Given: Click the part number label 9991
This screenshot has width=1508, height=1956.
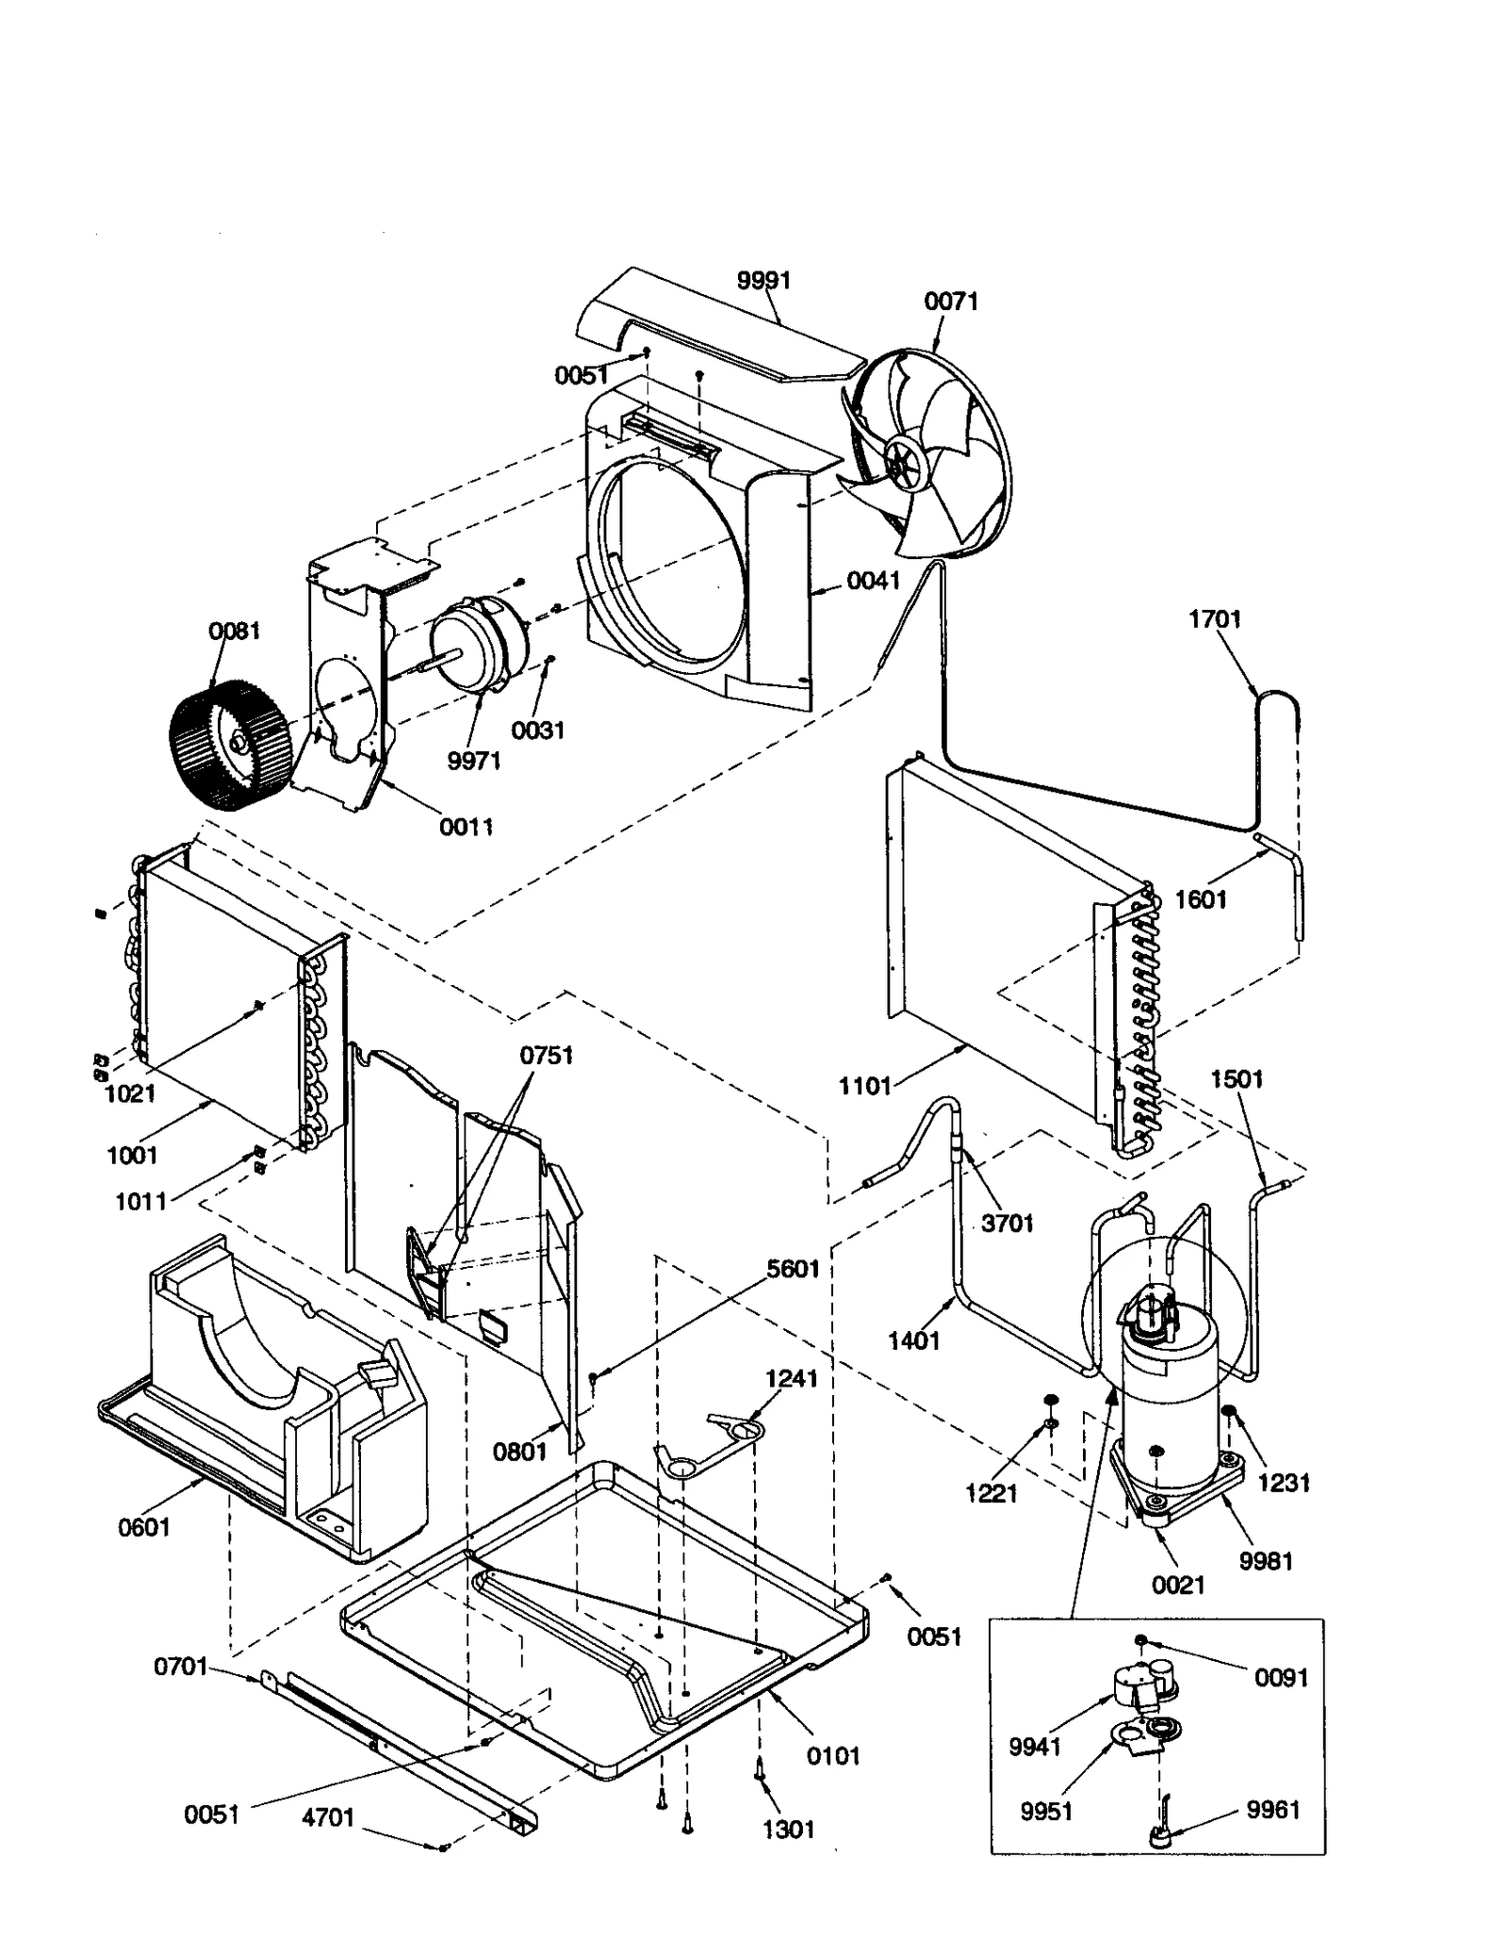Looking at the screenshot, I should point(762,280).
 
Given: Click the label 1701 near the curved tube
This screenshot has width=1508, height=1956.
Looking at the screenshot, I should point(1214,619).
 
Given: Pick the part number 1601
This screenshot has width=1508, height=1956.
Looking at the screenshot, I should point(1200,899).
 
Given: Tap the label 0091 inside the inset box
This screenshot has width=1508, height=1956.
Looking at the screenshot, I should point(1281,1678).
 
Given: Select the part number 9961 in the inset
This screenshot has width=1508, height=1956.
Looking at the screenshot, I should point(1272,1810).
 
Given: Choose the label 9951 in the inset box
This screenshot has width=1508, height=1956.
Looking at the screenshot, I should point(1046,1811).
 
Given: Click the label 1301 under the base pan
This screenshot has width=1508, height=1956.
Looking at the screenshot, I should point(788,1830).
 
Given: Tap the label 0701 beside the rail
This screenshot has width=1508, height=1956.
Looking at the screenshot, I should point(180,1667).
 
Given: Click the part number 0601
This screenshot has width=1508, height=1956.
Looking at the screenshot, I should point(143,1527).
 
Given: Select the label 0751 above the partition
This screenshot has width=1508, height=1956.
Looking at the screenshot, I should point(547,1055).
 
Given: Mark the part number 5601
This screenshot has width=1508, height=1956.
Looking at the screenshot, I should point(793,1269).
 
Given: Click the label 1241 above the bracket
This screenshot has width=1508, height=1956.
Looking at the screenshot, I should point(791,1378).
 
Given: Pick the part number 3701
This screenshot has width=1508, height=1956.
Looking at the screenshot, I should point(1007,1224).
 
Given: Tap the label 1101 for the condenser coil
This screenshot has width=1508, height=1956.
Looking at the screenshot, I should point(864,1086).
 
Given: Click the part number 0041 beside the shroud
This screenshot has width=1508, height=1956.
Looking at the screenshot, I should point(873,581).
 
